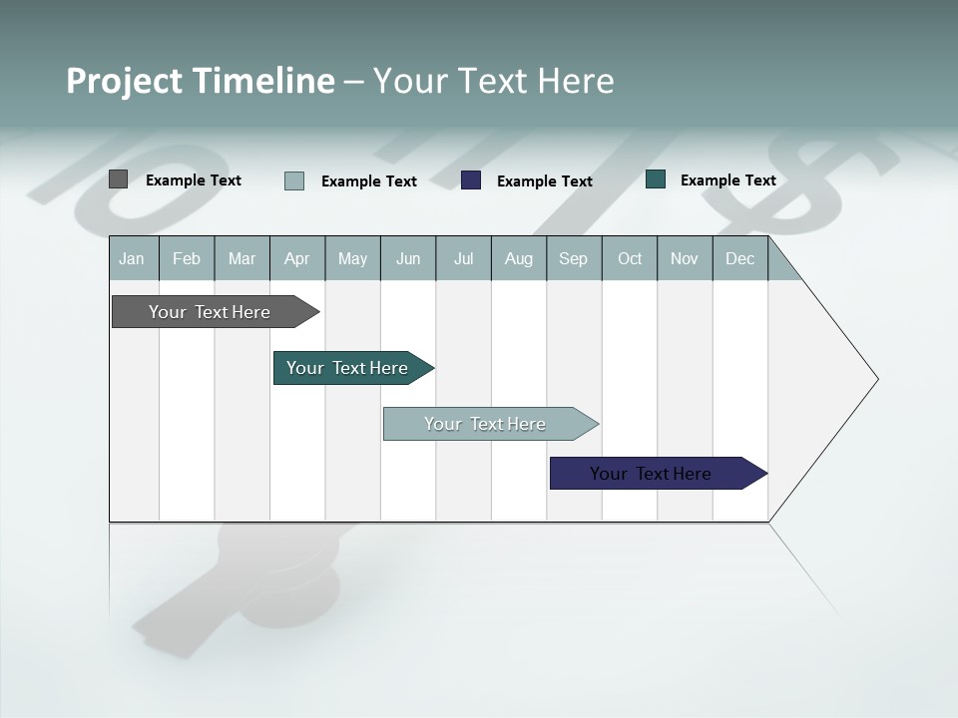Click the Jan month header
tap(133, 258)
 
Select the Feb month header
tap(187, 258)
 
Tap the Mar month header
tap(241, 258)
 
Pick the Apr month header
tap(297, 258)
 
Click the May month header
tap(352, 258)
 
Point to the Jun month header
tap(408, 258)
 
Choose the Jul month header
tap(463, 258)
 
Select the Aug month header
tap(519, 258)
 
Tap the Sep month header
tap(574, 258)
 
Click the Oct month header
tap(630, 258)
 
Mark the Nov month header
tap(685, 258)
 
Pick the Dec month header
tap(740, 258)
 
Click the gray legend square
tap(119, 179)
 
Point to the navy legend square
tap(471, 180)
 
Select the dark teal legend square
tap(656, 179)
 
